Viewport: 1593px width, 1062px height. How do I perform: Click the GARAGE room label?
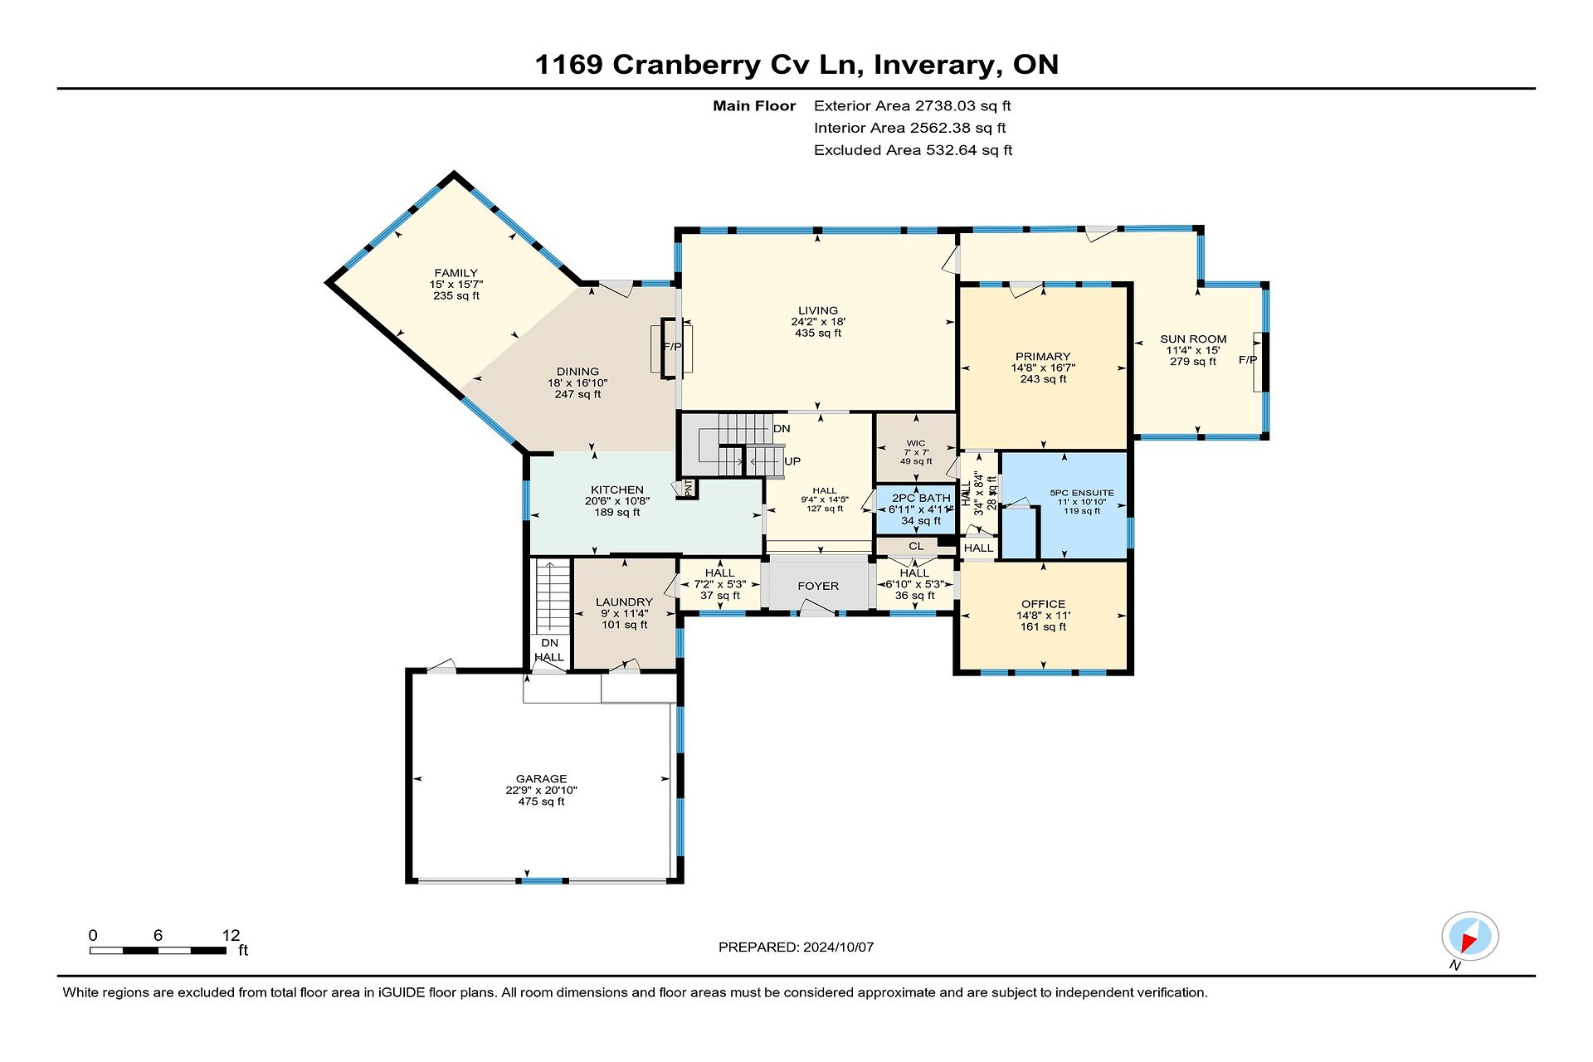click(x=542, y=778)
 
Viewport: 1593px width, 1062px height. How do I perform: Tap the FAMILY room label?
click(x=456, y=273)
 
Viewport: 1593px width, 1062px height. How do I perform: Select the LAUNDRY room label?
click(x=624, y=602)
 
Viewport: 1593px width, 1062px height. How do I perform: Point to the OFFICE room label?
click(x=1044, y=604)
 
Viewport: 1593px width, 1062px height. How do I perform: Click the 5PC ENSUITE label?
click(x=1082, y=493)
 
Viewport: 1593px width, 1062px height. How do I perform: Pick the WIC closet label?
click(x=916, y=444)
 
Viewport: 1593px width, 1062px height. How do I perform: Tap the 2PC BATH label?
click(x=921, y=499)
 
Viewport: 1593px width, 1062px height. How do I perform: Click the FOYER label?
click(x=818, y=586)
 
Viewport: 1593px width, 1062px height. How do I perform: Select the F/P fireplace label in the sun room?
click(x=1248, y=360)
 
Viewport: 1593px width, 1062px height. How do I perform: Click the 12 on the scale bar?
click(x=231, y=935)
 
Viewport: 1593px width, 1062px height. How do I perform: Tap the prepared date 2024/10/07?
click(x=838, y=947)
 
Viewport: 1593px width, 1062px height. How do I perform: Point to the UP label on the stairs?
click(x=792, y=461)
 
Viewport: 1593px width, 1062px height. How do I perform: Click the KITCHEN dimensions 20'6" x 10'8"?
click(x=617, y=501)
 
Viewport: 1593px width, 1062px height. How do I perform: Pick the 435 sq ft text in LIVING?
click(x=818, y=334)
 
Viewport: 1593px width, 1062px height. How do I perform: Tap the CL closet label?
click(x=916, y=546)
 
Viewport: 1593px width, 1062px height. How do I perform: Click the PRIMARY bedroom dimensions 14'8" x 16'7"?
click(x=1043, y=368)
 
